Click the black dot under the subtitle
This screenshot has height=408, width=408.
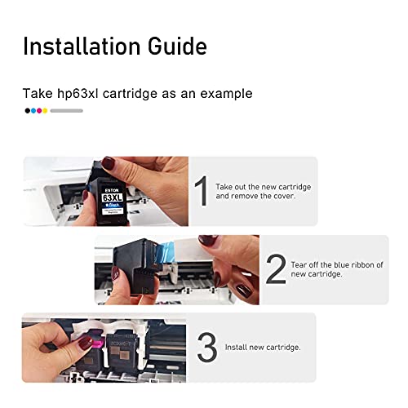coord(27,110)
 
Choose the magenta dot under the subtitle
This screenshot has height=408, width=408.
coord(39,110)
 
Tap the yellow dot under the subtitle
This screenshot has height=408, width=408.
coord(45,110)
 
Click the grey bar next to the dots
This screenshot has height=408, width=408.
coord(66,110)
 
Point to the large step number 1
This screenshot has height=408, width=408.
coord(201,192)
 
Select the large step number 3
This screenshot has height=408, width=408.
coord(206,348)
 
